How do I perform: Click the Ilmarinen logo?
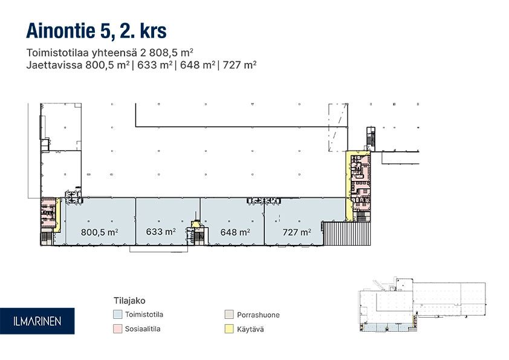click(x=37, y=321)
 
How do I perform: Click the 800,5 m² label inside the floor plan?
click(x=99, y=232)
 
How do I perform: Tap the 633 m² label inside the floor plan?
click(x=161, y=232)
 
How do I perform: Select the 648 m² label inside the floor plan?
click(x=235, y=232)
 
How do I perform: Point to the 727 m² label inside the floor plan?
click(x=297, y=232)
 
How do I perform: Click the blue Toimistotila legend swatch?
click(x=117, y=315)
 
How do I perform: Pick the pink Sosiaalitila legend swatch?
click(x=117, y=329)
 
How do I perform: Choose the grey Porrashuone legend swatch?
click(x=229, y=315)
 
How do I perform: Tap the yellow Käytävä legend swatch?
click(x=229, y=329)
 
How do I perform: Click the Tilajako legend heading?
click(x=129, y=301)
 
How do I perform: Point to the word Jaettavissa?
click(x=54, y=65)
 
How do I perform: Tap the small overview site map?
click(x=423, y=305)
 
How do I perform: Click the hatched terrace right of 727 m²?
click(x=347, y=234)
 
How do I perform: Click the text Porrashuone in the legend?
click(x=258, y=315)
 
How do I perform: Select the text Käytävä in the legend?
click(x=250, y=330)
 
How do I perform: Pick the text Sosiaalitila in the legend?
click(x=143, y=329)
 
